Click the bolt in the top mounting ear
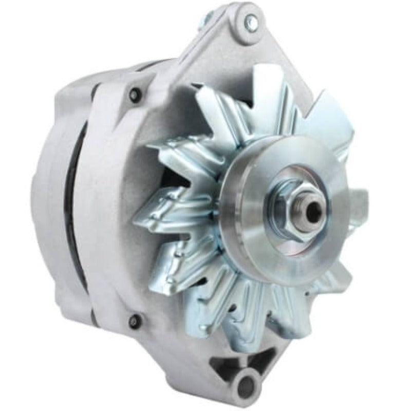click(x=250, y=21)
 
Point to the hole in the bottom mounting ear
click(x=245, y=382)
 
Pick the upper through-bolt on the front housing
click(x=135, y=95)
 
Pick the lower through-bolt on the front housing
click(x=135, y=321)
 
